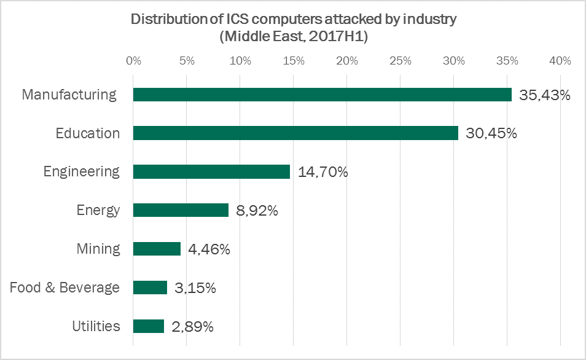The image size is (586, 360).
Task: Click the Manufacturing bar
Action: pyautogui.click(x=322, y=95)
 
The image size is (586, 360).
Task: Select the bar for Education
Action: pyautogui.click(x=295, y=133)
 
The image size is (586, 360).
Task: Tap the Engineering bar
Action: pyautogui.click(x=211, y=172)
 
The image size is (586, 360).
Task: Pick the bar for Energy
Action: pyautogui.click(x=181, y=211)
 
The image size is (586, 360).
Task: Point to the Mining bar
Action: pyautogui.click(x=157, y=249)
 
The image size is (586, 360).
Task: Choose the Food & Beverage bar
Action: pyautogui.click(x=150, y=288)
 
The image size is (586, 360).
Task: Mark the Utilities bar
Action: pyautogui.click(x=149, y=326)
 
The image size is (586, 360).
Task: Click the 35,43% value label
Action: pyautogui.click(x=545, y=96)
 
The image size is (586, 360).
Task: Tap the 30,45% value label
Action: pyautogui.click(x=491, y=134)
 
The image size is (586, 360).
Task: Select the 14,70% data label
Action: pyautogui.click(x=322, y=173)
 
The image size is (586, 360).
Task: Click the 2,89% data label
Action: pyautogui.click(x=193, y=327)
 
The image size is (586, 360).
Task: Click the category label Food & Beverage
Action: pyautogui.click(x=64, y=288)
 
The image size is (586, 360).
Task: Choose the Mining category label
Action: pyautogui.click(x=98, y=249)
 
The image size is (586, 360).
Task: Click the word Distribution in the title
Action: pyautogui.click(x=168, y=19)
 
